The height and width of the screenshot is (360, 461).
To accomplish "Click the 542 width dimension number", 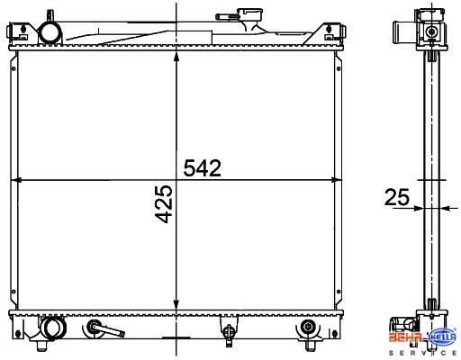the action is tap(203, 168).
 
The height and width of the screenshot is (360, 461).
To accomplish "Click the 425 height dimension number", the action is tap(164, 204).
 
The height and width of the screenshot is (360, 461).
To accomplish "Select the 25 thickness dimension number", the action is tap(397, 197).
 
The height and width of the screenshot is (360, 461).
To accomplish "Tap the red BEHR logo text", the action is tap(407, 337).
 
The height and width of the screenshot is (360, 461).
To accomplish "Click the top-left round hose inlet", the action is tap(50, 33).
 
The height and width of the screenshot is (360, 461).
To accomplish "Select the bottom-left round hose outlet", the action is tap(53, 328).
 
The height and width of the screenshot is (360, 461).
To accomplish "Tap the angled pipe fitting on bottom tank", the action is tap(105, 328).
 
